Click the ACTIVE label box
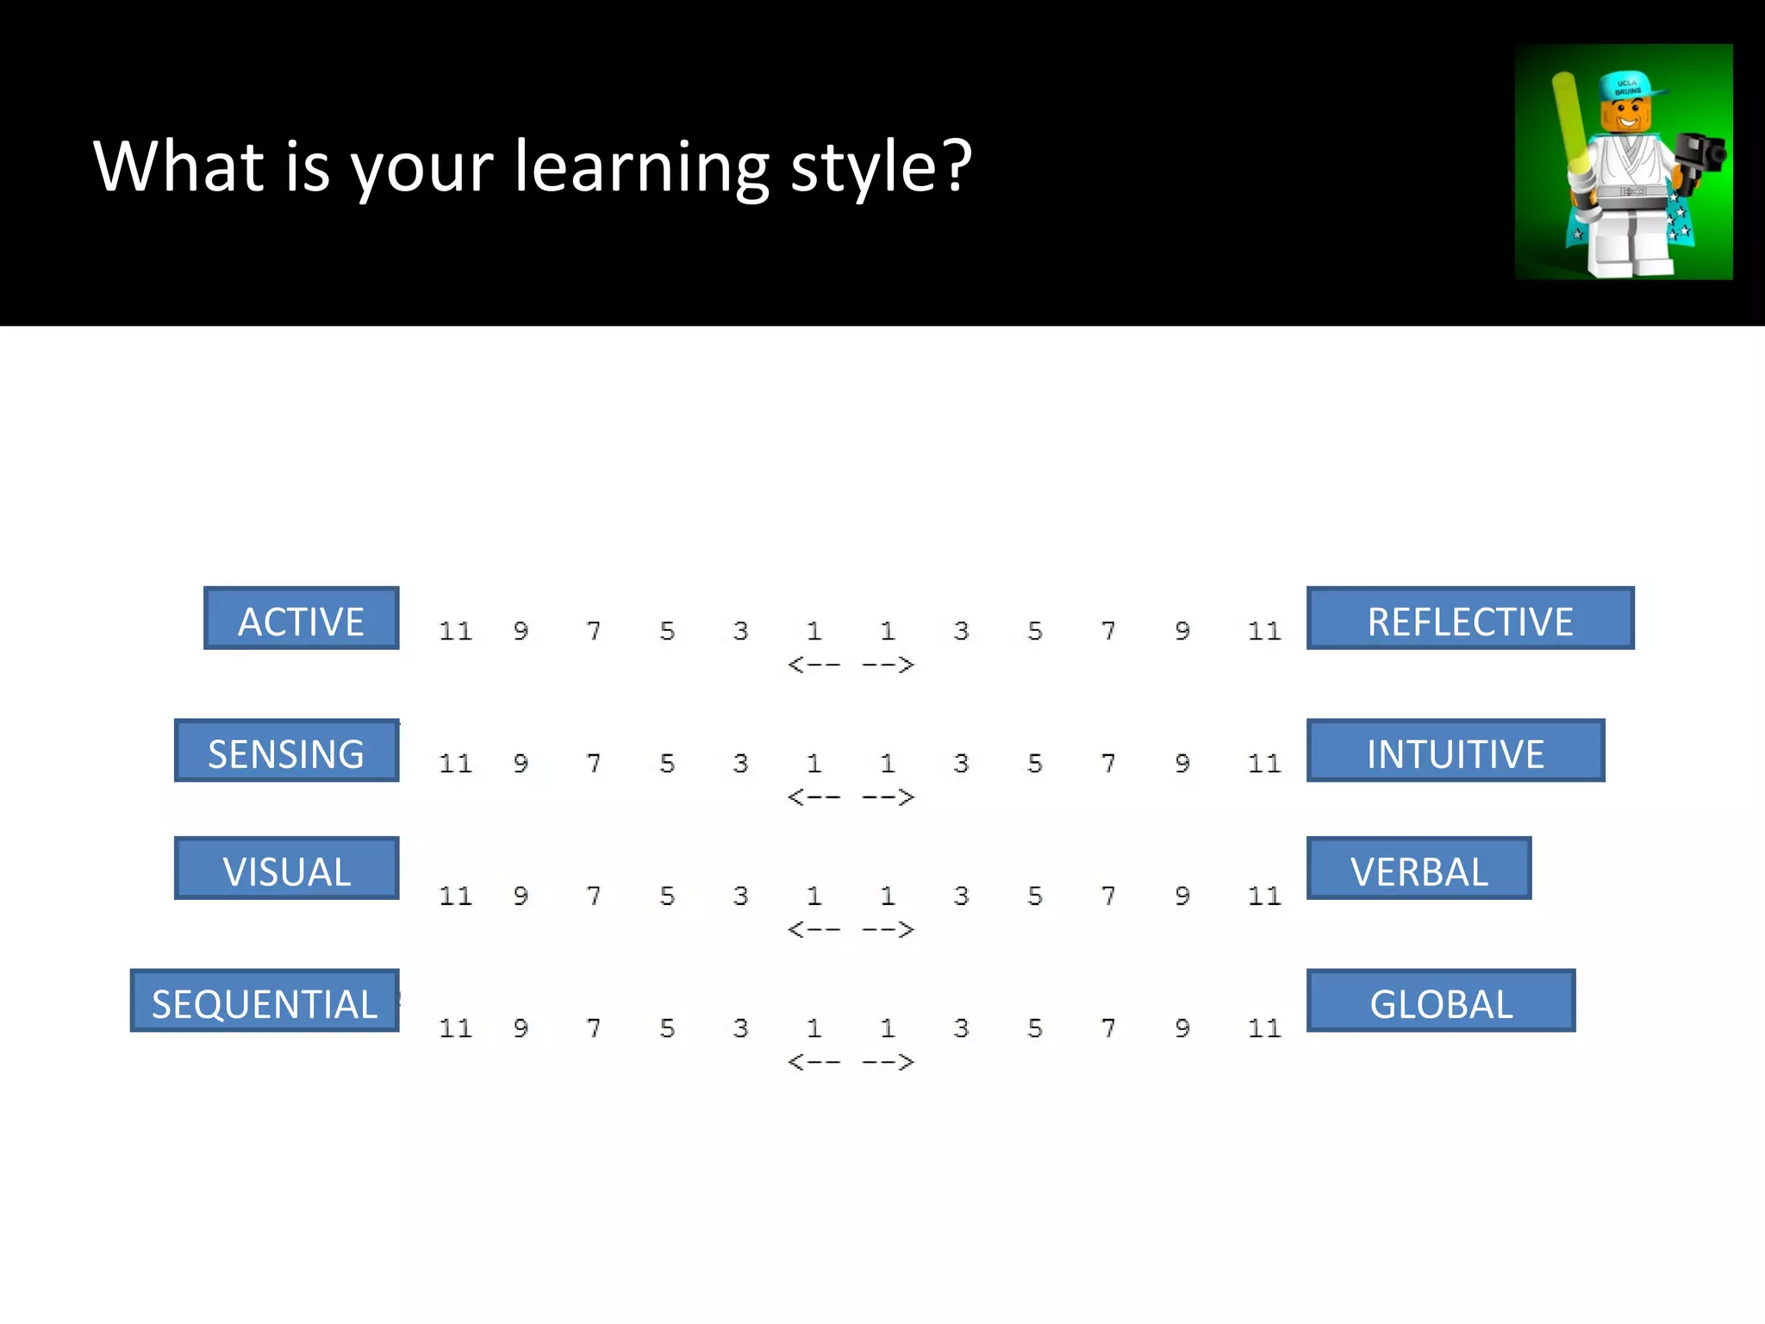click(x=302, y=618)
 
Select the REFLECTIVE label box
click(x=1469, y=618)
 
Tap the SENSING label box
click(x=286, y=751)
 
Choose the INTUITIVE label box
click(x=1455, y=751)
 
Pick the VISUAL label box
click(x=286, y=868)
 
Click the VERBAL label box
click(x=1419, y=868)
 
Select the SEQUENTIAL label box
click(x=265, y=1001)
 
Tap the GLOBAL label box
click(x=1440, y=1001)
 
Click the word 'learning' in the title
click(x=642, y=167)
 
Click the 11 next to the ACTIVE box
click(x=455, y=632)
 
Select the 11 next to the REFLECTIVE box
click(x=1264, y=632)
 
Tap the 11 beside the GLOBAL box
click(x=1264, y=1028)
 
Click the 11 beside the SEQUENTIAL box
click(x=455, y=1028)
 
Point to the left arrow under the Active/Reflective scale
click(x=814, y=665)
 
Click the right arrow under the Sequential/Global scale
click(x=888, y=1062)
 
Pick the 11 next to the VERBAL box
click(x=1264, y=896)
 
